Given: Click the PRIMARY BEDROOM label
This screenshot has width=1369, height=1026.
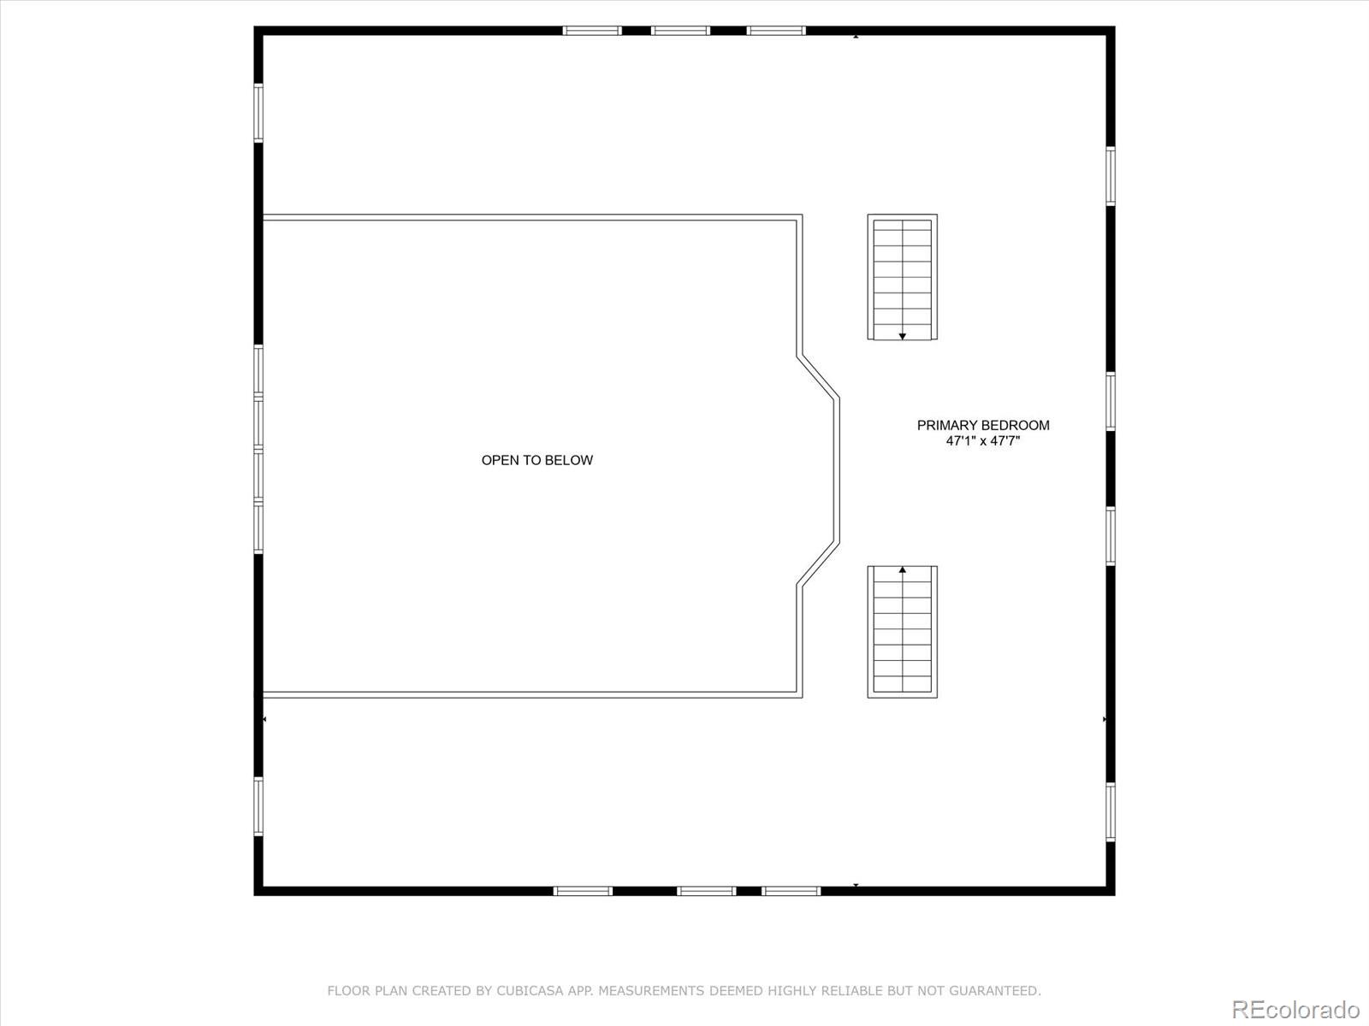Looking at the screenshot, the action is [983, 426].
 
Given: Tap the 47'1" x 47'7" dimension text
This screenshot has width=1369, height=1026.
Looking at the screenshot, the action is [983, 441].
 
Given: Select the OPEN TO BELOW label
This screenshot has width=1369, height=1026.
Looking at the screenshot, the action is [537, 460].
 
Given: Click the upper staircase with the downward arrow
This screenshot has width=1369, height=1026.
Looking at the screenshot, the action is [902, 277].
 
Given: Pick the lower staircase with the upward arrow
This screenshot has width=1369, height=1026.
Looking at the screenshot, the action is [902, 632].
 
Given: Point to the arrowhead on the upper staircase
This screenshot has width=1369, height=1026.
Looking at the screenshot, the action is [902, 336].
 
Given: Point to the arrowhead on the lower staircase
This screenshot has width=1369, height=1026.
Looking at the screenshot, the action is [902, 569].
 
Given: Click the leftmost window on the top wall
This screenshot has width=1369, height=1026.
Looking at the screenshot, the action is [592, 31].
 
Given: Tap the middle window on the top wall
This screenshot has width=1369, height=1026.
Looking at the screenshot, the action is [680, 31].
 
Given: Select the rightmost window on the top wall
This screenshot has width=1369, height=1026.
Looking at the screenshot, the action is [776, 31].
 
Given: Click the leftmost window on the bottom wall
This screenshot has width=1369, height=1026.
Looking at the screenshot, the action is [583, 891].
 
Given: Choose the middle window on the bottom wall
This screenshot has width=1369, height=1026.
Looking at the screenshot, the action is [706, 891].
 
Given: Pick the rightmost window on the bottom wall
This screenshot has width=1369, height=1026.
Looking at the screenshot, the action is [791, 891].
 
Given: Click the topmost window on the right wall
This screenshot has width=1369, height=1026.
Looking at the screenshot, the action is [1110, 175].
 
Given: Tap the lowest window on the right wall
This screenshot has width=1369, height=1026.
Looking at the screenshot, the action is [1110, 811].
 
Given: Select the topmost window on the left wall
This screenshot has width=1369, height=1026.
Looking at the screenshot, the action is [258, 113].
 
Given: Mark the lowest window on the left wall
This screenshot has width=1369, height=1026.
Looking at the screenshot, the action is [258, 806].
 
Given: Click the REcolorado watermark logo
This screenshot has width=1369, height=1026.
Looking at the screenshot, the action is [1295, 1009].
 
